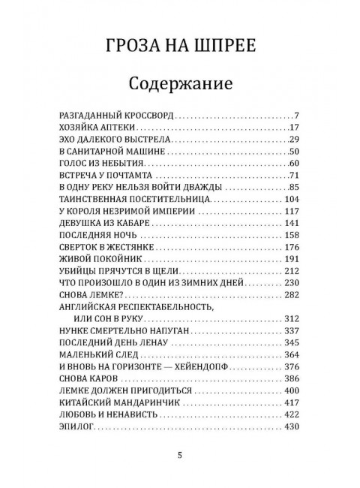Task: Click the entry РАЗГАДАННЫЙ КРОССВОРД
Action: click(115, 116)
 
